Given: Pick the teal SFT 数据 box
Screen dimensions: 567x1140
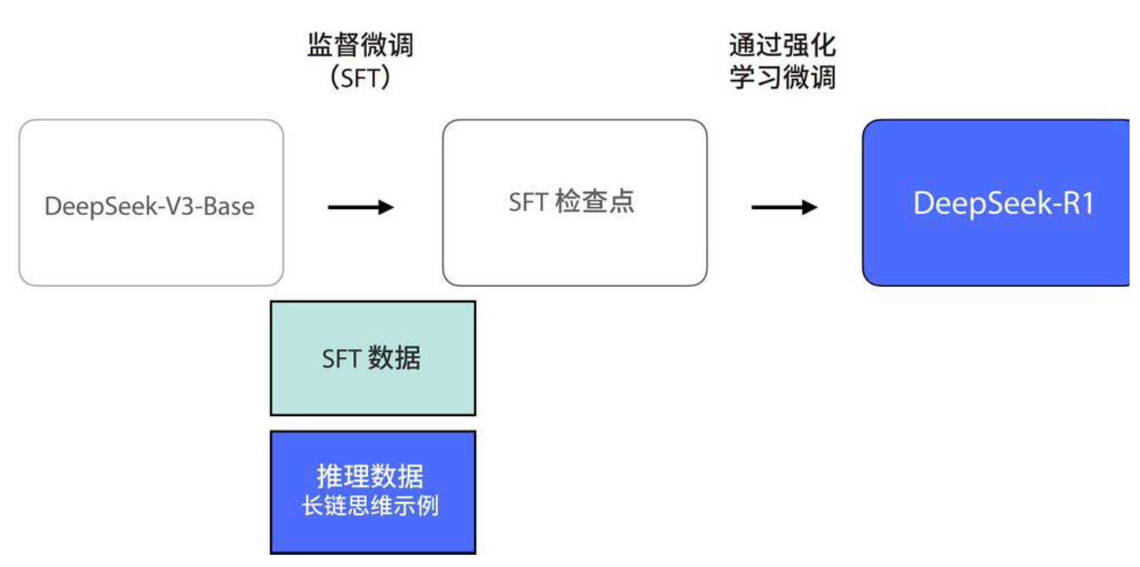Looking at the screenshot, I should tap(372, 358).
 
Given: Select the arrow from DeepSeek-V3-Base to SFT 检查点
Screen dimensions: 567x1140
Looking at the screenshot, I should tap(361, 207).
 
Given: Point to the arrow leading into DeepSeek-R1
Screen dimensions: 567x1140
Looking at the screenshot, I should tap(784, 207).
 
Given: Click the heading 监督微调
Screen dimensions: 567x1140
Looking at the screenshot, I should tap(360, 45).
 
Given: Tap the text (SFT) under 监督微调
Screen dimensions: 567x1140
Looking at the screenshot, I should tap(360, 78).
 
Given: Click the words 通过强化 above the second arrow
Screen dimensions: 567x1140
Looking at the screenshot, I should tap(783, 45).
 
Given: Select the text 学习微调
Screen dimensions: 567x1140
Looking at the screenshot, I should tap(783, 78).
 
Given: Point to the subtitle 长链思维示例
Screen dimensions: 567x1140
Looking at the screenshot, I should tap(370, 506).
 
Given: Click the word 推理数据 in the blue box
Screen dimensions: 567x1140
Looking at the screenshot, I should tap(370, 477).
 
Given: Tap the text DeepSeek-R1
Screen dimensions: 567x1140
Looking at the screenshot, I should tap(1003, 205).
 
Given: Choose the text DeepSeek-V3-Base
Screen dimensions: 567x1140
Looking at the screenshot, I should tap(149, 207).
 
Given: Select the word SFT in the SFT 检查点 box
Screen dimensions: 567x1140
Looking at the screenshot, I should tap(527, 203).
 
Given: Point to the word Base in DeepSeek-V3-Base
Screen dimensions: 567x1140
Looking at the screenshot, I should tap(228, 207).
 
